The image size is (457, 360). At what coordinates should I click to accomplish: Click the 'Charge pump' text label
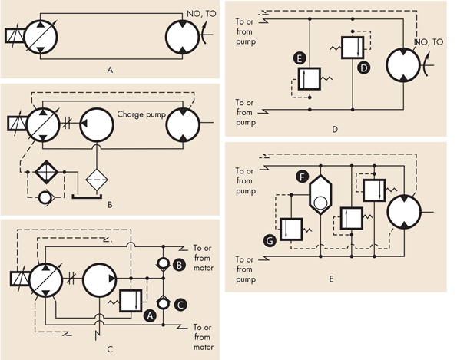coord(143,114)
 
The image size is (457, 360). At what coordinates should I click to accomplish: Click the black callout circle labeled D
coord(365,68)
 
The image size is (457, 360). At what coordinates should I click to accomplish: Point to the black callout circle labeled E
coord(299,58)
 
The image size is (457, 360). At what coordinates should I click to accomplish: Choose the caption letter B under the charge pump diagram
coord(110,205)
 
